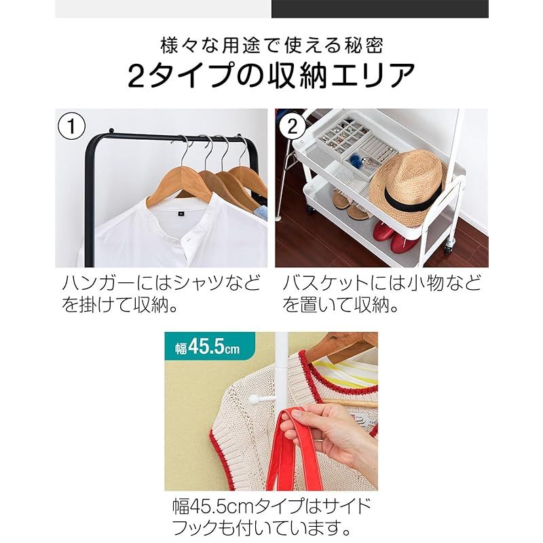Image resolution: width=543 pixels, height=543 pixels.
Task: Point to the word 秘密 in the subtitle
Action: (x=365, y=45)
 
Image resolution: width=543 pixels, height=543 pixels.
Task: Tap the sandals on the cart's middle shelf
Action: (x=350, y=204)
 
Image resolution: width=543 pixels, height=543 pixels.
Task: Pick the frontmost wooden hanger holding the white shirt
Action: (x=180, y=183)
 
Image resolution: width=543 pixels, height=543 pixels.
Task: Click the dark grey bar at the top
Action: (x=379, y=8)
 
